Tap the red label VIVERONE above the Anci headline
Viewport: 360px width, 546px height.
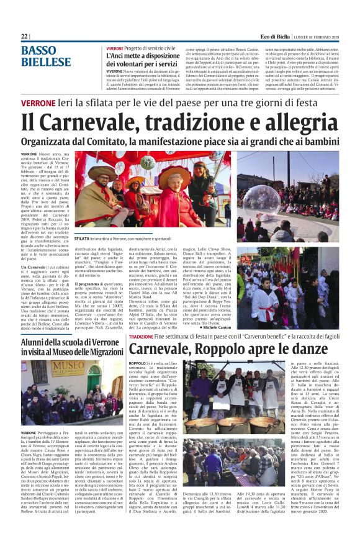tap(114, 48)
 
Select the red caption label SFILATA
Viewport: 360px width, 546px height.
tap(82, 238)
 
